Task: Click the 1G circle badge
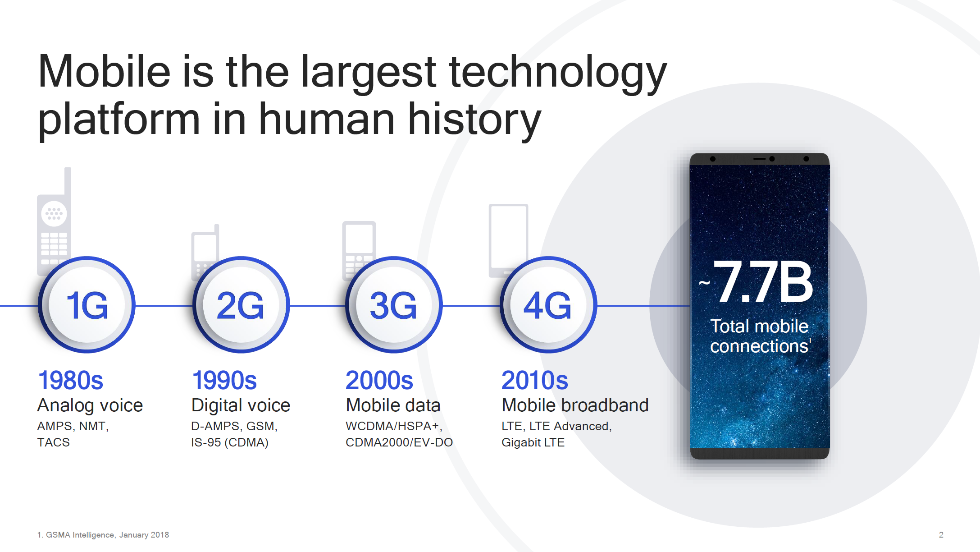pyautogui.click(x=87, y=305)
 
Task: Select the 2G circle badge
pyautogui.click(x=241, y=305)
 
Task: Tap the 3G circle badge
pyautogui.click(x=394, y=305)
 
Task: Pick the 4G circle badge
pyautogui.click(x=548, y=305)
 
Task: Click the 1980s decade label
pyautogui.click(x=71, y=380)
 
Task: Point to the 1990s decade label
pyautogui.click(x=224, y=380)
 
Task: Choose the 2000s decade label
pyautogui.click(x=379, y=380)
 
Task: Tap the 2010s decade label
pyautogui.click(x=535, y=380)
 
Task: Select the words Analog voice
pyautogui.click(x=90, y=405)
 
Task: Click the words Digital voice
pyautogui.click(x=241, y=405)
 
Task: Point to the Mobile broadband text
pyautogui.click(x=575, y=405)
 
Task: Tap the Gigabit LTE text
pyautogui.click(x=533, y=442)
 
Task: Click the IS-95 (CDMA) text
pyautogui.click(x=230, y=442)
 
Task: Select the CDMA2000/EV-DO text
pyautogui.click(x=399, y=442)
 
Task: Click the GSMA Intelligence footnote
pyautogui.click(x=103, y=535)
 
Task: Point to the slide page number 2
pyautogui.click(x=941, y=535)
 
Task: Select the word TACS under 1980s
pyautogui.click(x=54, y=442)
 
